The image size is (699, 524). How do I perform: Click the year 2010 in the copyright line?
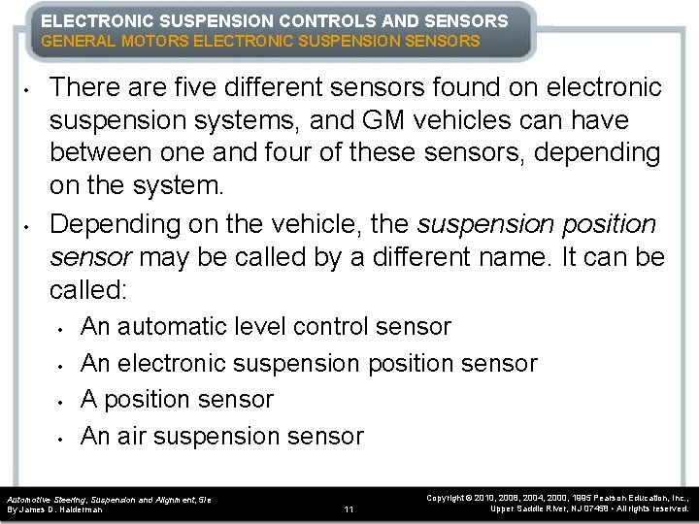491,497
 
